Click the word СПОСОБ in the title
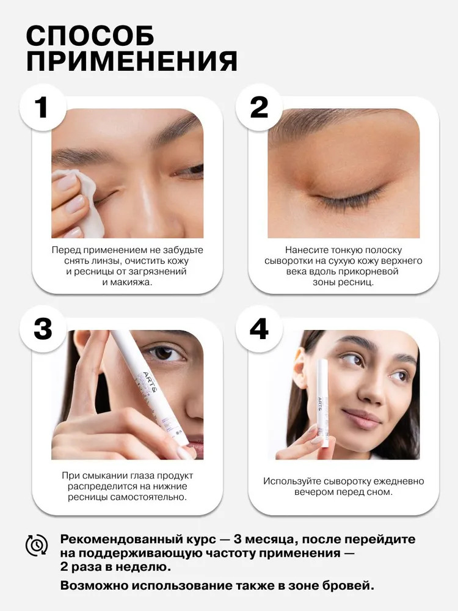pyautogui.click(x=90, y=36)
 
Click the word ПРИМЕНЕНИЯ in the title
pyautogui.click(x=132, y=61)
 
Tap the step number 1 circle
pyautogui.click(x=43, y=107)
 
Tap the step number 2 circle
pyautogui.click(x=259, y=107)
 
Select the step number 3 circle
pyautogui.click(x=43, y=329)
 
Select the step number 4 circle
pyautogui.click(x=259, y=329)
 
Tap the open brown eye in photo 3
pyautogui.click(x=163, y=353)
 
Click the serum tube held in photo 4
pyautogui.click(x=323, y=402)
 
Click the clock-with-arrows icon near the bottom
pyautogui.click(x=37, y=545)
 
